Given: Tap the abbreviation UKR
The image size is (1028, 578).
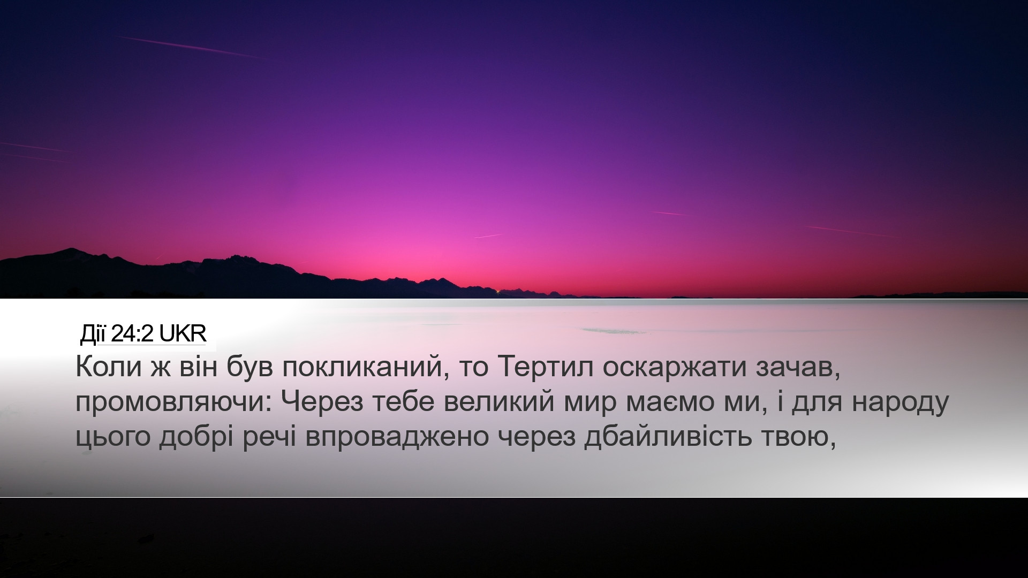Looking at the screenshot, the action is coord(183,334).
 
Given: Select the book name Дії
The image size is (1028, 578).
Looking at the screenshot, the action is coord(93,334).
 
